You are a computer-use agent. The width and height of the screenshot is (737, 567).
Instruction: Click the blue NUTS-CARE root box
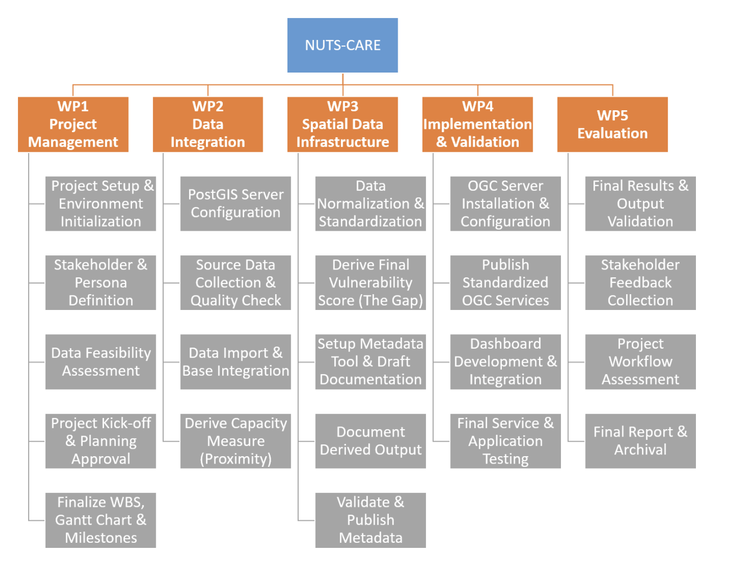[x=342, y=45]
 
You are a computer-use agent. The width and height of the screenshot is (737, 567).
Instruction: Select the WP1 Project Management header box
[x=73, y=124]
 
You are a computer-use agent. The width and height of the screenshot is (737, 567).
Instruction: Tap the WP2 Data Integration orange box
[x=208, y=124]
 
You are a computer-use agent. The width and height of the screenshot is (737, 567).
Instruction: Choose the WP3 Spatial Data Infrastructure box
[x=342, y=124]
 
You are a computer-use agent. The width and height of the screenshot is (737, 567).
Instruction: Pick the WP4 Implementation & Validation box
[x=477, y=124]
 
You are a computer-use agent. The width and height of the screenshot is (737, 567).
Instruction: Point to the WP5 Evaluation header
[x=612, y=124]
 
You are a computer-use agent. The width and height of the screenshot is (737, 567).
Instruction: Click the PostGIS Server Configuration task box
[x=235, y=204]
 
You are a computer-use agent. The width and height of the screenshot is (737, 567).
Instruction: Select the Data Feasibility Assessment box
[x=101, y=362]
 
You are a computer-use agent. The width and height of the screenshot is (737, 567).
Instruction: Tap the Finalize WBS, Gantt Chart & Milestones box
[x=101, y=520]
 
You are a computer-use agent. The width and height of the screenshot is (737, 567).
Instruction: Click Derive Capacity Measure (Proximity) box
[x=235, y=441]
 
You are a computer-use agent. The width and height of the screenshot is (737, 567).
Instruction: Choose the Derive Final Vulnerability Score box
[x=370, y=282]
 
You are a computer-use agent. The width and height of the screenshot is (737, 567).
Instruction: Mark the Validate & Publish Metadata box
[x=370, y=520]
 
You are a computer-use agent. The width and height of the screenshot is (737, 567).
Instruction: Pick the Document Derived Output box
[x=370, y=441]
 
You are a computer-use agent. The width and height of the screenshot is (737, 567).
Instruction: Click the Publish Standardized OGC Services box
[x=505, y=282]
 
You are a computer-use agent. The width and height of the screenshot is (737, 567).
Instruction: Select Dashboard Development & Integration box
[x=505, y=362]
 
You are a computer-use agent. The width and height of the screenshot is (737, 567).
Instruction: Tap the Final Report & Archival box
[x=640, y=441]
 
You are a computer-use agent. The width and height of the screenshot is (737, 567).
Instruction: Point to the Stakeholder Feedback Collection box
[x=640, y=282]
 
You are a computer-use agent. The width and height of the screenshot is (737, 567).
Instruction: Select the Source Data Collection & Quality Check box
[x=235, y=282]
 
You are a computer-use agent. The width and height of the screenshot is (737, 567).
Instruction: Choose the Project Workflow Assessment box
[x=640, y=362]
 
